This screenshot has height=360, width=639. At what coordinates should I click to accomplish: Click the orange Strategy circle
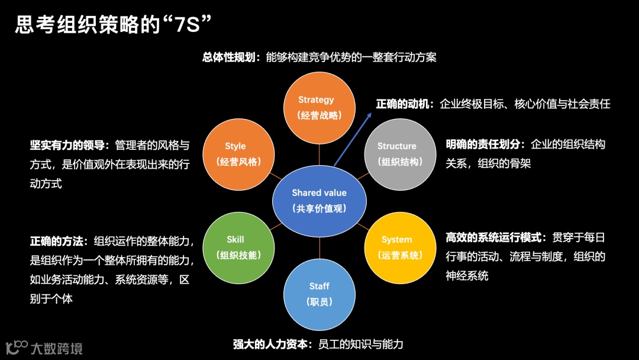tap(319, 107)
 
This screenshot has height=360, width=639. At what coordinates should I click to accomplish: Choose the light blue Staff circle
tap(319, 294)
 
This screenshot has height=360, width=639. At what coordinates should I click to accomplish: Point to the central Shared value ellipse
tap(319, 200)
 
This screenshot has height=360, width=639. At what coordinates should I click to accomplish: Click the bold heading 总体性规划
tap(228, 57)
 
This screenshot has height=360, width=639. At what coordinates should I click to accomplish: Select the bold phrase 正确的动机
tap(405, 104)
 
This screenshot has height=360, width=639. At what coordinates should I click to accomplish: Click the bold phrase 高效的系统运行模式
tap(494, 238)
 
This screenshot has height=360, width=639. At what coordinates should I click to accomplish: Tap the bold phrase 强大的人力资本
tap(272, 344)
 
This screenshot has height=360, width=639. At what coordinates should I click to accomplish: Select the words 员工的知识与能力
tap(361, 344)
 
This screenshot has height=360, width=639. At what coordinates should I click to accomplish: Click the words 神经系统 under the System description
tap(467, 275)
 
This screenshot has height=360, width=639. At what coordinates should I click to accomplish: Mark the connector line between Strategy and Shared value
tap(319, 153)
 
